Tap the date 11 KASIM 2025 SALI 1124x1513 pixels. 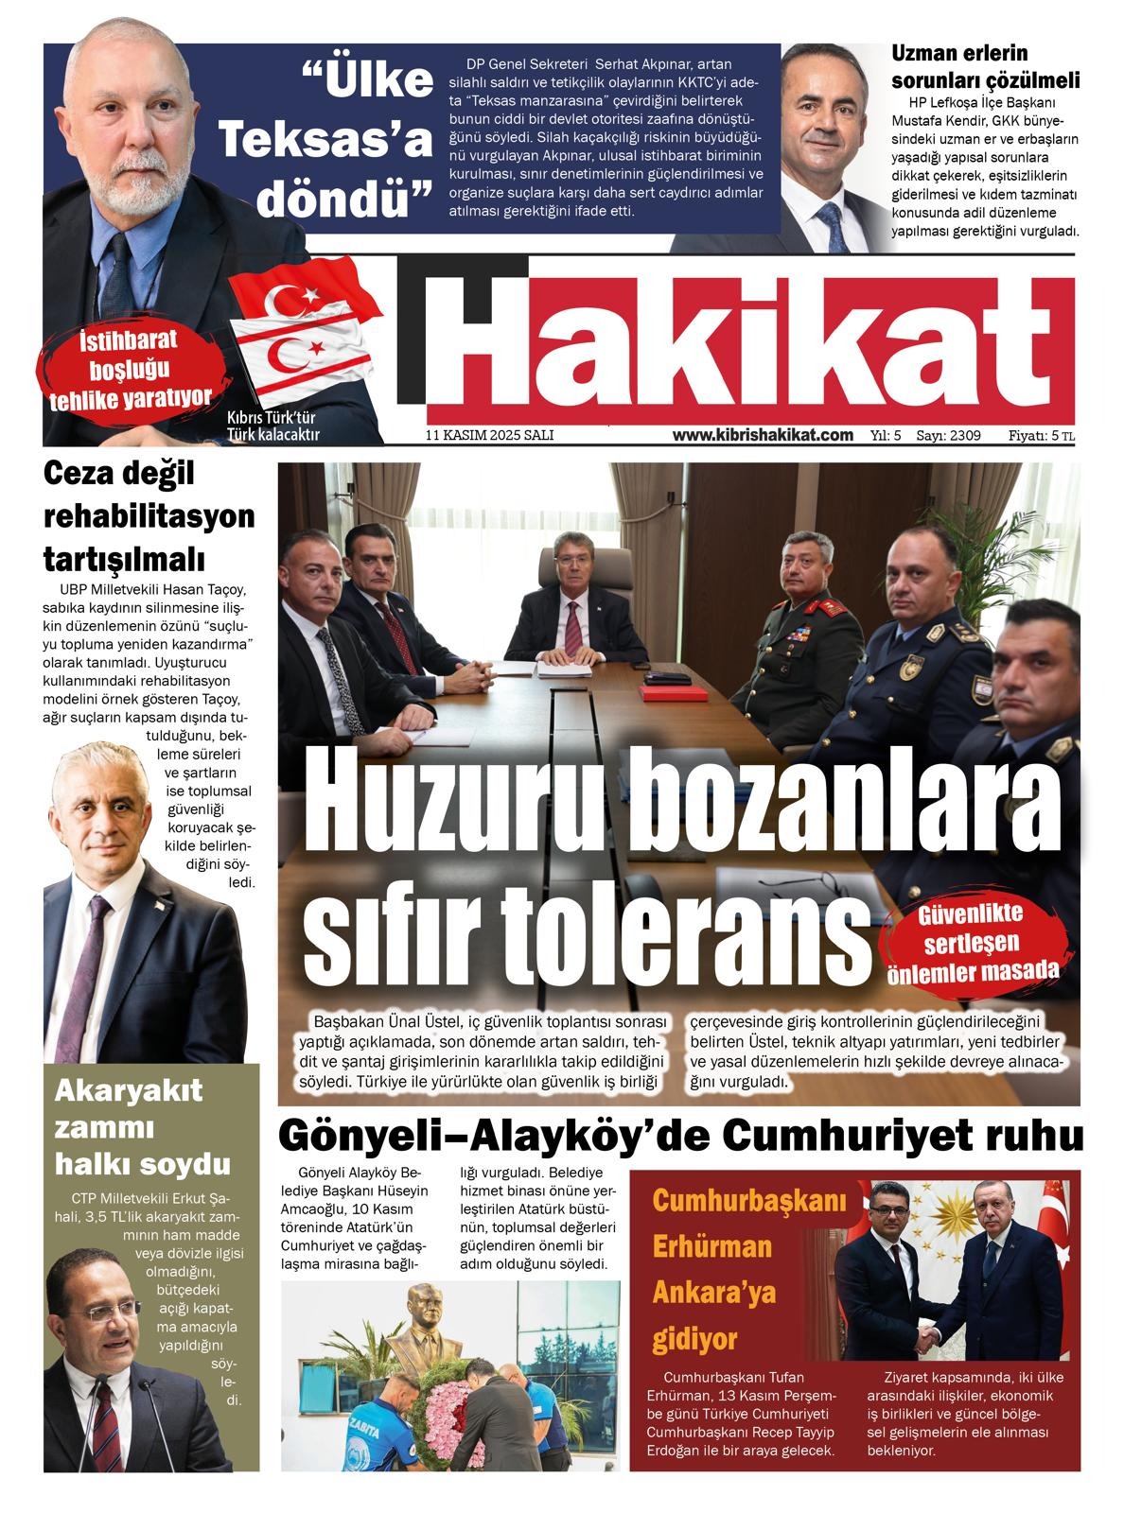(489, 436)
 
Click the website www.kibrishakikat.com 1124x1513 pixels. (763, 435)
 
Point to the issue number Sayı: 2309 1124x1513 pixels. (948, 436)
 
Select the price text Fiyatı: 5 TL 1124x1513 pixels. (1041, 436)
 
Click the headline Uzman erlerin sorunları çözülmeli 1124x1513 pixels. (984, 66)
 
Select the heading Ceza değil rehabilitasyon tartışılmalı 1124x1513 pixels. (149, 515)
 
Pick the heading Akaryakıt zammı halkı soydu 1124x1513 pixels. (142, 1127)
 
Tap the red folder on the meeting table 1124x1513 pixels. (673, 692)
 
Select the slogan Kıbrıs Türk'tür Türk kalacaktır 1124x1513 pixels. (272, 427)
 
